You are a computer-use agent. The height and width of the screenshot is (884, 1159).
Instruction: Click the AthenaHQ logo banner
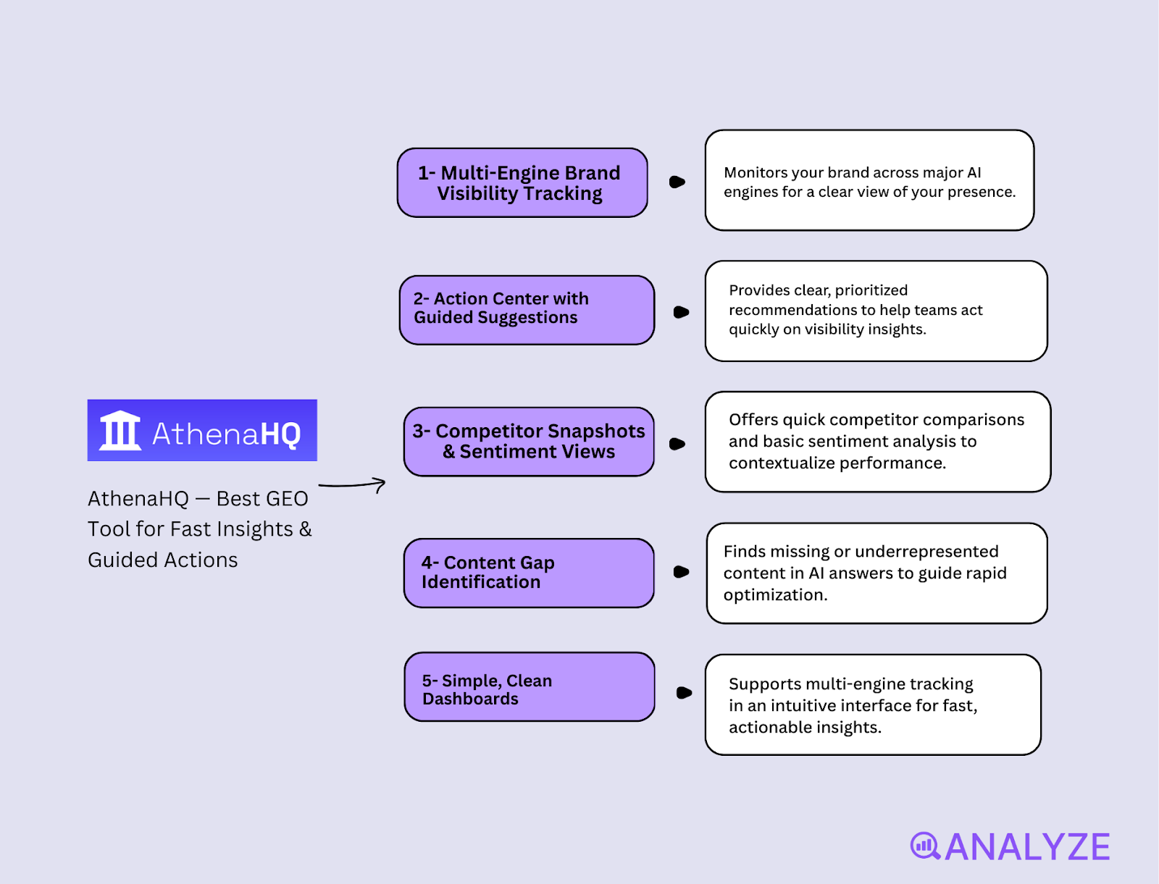tap(202, 430)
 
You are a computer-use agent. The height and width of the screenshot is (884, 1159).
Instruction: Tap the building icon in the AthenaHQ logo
tap(120, 431)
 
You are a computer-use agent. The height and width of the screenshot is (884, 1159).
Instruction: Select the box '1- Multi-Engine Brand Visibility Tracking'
tap(522, 183)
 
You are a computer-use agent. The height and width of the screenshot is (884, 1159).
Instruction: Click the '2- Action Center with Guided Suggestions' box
tap(527, 310)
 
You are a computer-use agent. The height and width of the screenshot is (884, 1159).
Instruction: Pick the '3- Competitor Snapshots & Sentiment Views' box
tap(529, 442)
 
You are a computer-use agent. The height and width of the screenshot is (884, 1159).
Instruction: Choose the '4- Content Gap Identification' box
tap(529, 573)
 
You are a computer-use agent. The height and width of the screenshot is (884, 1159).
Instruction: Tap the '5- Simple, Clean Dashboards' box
tap(530, 687)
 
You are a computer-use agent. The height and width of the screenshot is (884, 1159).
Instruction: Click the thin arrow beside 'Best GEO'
tap(353, 485)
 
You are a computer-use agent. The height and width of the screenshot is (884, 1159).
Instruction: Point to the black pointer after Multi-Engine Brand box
tap(677, 182)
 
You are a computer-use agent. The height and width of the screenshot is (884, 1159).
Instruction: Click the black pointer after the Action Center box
tap(681, 312)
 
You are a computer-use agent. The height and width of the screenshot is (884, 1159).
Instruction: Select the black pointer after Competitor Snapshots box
tap(677, 444)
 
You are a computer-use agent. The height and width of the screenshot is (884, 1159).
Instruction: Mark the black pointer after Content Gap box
tap(681, 572)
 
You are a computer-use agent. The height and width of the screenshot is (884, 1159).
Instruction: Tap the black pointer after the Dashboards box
tap(683, 693)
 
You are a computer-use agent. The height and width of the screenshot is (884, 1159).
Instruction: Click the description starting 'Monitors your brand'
tap(869, 181)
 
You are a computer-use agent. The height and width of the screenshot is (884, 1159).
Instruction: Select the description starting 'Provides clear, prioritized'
tap(876, 311)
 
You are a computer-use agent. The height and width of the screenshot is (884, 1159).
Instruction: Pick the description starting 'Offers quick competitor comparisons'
tap(877, 442)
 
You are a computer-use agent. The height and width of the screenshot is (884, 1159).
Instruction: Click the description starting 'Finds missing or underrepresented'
tap(876, 573)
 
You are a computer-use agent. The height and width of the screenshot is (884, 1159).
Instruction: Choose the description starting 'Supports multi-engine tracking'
tap(873, 705)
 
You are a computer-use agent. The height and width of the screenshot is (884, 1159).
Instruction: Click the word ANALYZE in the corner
tap(1027, 847)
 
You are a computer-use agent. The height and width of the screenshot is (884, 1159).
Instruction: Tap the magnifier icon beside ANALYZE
tap(924, 846)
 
